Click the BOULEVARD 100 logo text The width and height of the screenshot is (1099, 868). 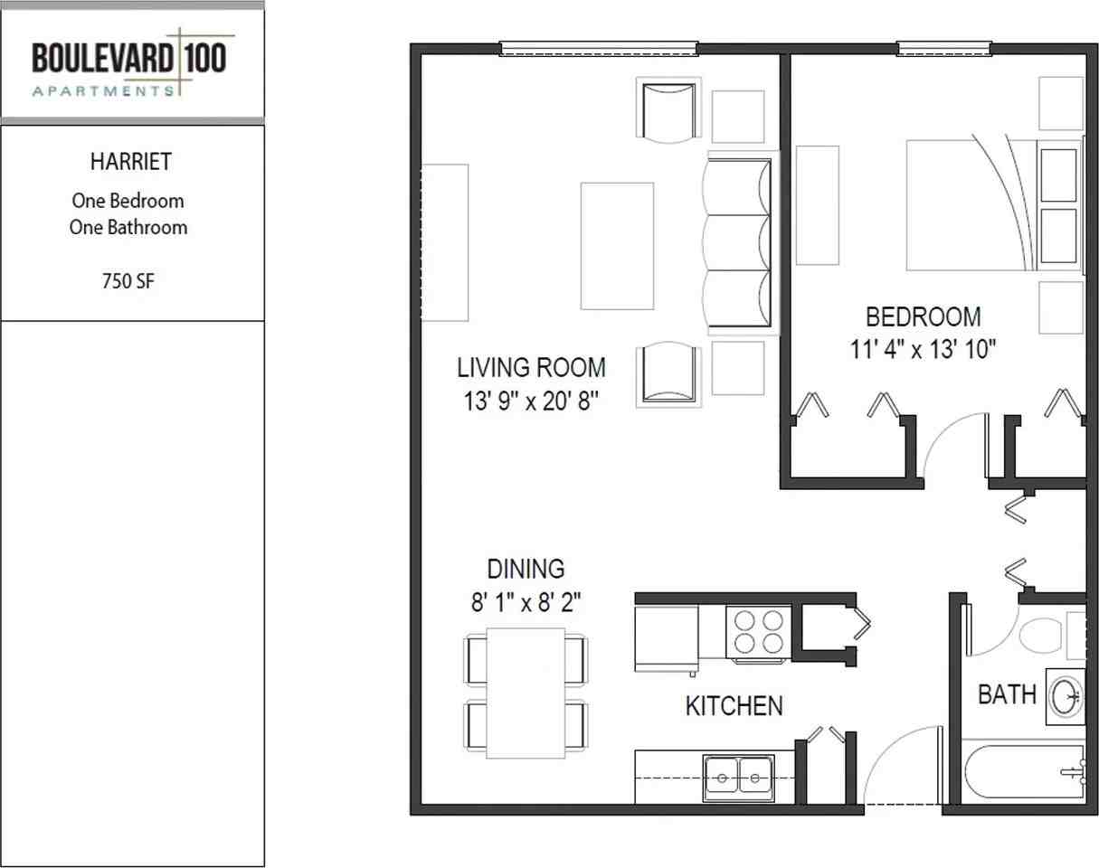click(129, 58)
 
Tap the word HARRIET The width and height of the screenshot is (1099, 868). click(131, 162)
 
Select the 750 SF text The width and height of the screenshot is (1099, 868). click(128, 281)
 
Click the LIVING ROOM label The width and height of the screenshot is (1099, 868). click(531, 368)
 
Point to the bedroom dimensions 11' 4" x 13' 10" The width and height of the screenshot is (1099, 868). click(923, 350)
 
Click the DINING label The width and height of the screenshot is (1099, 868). click(526, 569)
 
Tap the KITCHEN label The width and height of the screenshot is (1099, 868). click(734, 706)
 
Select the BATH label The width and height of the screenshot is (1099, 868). click(1007, 695)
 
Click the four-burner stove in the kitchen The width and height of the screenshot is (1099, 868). click(758, 632)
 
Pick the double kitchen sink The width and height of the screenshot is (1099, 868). click(738, 778)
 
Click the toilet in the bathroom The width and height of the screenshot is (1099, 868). click(1042, 635)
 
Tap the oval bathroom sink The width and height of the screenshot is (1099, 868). click(1066, 696)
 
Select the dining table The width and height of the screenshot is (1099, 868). click(526, 693)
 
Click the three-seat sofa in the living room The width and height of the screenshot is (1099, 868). click(737, 243)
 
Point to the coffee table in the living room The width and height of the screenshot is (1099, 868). click(617, 246)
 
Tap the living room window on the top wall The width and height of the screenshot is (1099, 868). click(598, 49)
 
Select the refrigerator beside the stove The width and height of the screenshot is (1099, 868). click(667, 638)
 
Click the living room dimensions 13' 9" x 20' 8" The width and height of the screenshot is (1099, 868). click(531, 401)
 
